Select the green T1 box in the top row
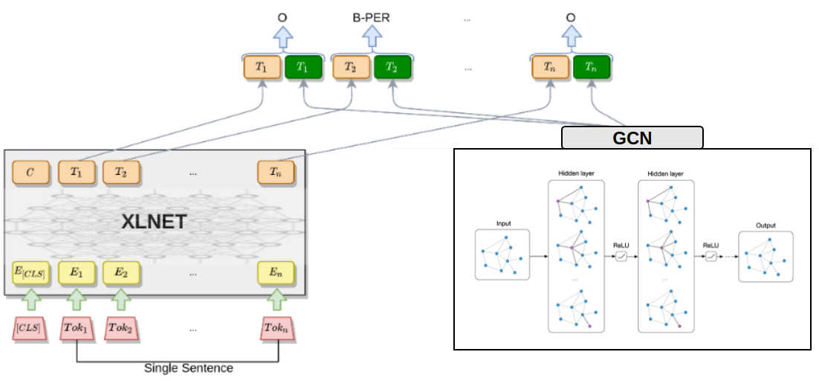coord(302,68)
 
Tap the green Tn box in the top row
coord(591,68)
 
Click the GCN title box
coord(632,138)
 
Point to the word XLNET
coord(153,222)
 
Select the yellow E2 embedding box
coord(121,273)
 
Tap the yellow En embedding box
coord(276,273)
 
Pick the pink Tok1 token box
coord(77,328)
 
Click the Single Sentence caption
coord(189,368)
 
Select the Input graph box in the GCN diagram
coord(502,254)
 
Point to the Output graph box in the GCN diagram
coord(765,257)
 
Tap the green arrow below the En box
coord(276,299)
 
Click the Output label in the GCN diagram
coord(765,225)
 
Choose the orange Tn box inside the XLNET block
coord(276,173)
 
